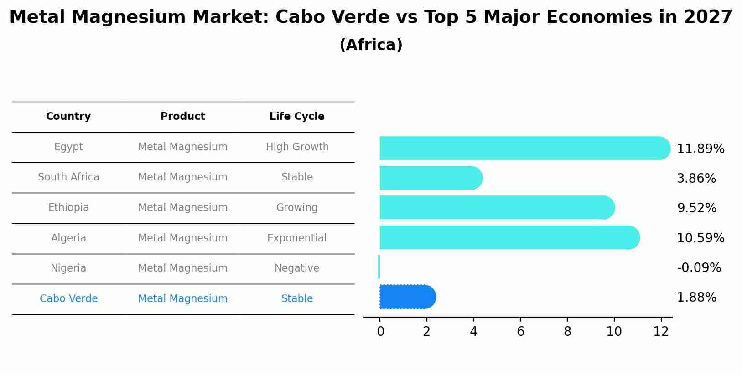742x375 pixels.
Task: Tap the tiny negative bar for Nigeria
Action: (x=379, y=267)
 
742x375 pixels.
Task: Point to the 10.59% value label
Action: (x=700, y=238)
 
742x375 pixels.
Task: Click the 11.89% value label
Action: (x=700, y=149)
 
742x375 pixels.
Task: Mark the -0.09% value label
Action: (x=699, y=267)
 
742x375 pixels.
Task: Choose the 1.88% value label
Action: (x=696, y=298)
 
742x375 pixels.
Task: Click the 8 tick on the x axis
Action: (x=567, y=332)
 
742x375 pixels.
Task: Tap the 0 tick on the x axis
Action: (x=380, y=332)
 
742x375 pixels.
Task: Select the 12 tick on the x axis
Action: (x=661, y=332)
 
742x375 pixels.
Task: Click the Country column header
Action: (x=68, y=117)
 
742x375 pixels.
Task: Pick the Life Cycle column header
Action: (x=297, y=117)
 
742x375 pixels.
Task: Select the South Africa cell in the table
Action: (x=68, y=177)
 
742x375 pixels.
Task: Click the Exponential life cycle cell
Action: (x=297, y=238)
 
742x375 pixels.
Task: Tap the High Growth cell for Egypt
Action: (x=297, y=147)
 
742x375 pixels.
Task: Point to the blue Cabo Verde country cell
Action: (x=68, y=299)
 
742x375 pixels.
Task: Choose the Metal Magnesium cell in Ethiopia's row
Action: (x=182, y=208)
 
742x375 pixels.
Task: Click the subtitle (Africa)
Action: (x=371, y=45)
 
